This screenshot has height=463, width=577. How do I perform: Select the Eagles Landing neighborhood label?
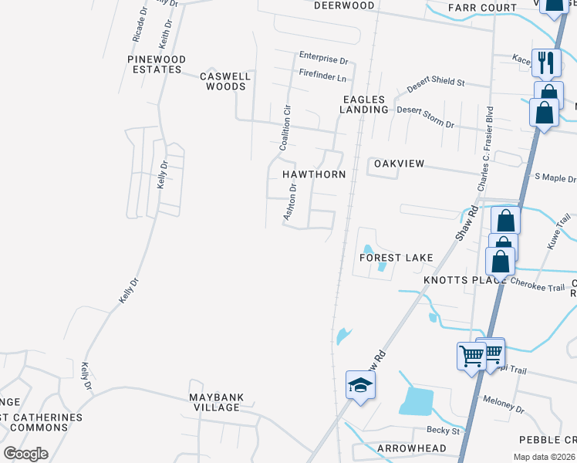pyautogui.click(x=365, y=104)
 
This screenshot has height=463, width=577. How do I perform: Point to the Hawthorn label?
pyautogui.click(x=313, y=174)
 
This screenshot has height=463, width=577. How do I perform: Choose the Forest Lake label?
pyautogui.click(x=396, y=257)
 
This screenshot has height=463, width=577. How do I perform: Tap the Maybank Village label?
pyautogui.click(x=217, y=402)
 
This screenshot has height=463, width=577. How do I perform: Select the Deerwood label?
pyautogui.click(x=344, y=5)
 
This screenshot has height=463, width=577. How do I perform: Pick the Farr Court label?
pyautogui.click(x=482, y=8)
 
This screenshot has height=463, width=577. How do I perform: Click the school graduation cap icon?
pyautogui.click(x=359, y=385)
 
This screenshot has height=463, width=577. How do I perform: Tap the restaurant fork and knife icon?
pyautogui.click(x=546, y=63)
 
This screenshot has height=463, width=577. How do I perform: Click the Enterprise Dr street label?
pyautogui.click(x=324, y=59)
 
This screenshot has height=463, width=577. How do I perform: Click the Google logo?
pyautogui.click(x=25, y=454)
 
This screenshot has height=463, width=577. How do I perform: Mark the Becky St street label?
pyautogui.click(x=444, y=431)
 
